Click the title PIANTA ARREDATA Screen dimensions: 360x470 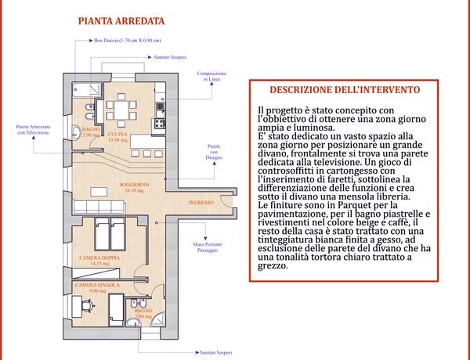121,21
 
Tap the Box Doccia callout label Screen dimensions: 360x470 128,41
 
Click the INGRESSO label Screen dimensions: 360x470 201,203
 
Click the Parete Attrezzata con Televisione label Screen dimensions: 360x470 33,130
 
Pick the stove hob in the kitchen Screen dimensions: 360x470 159,122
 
